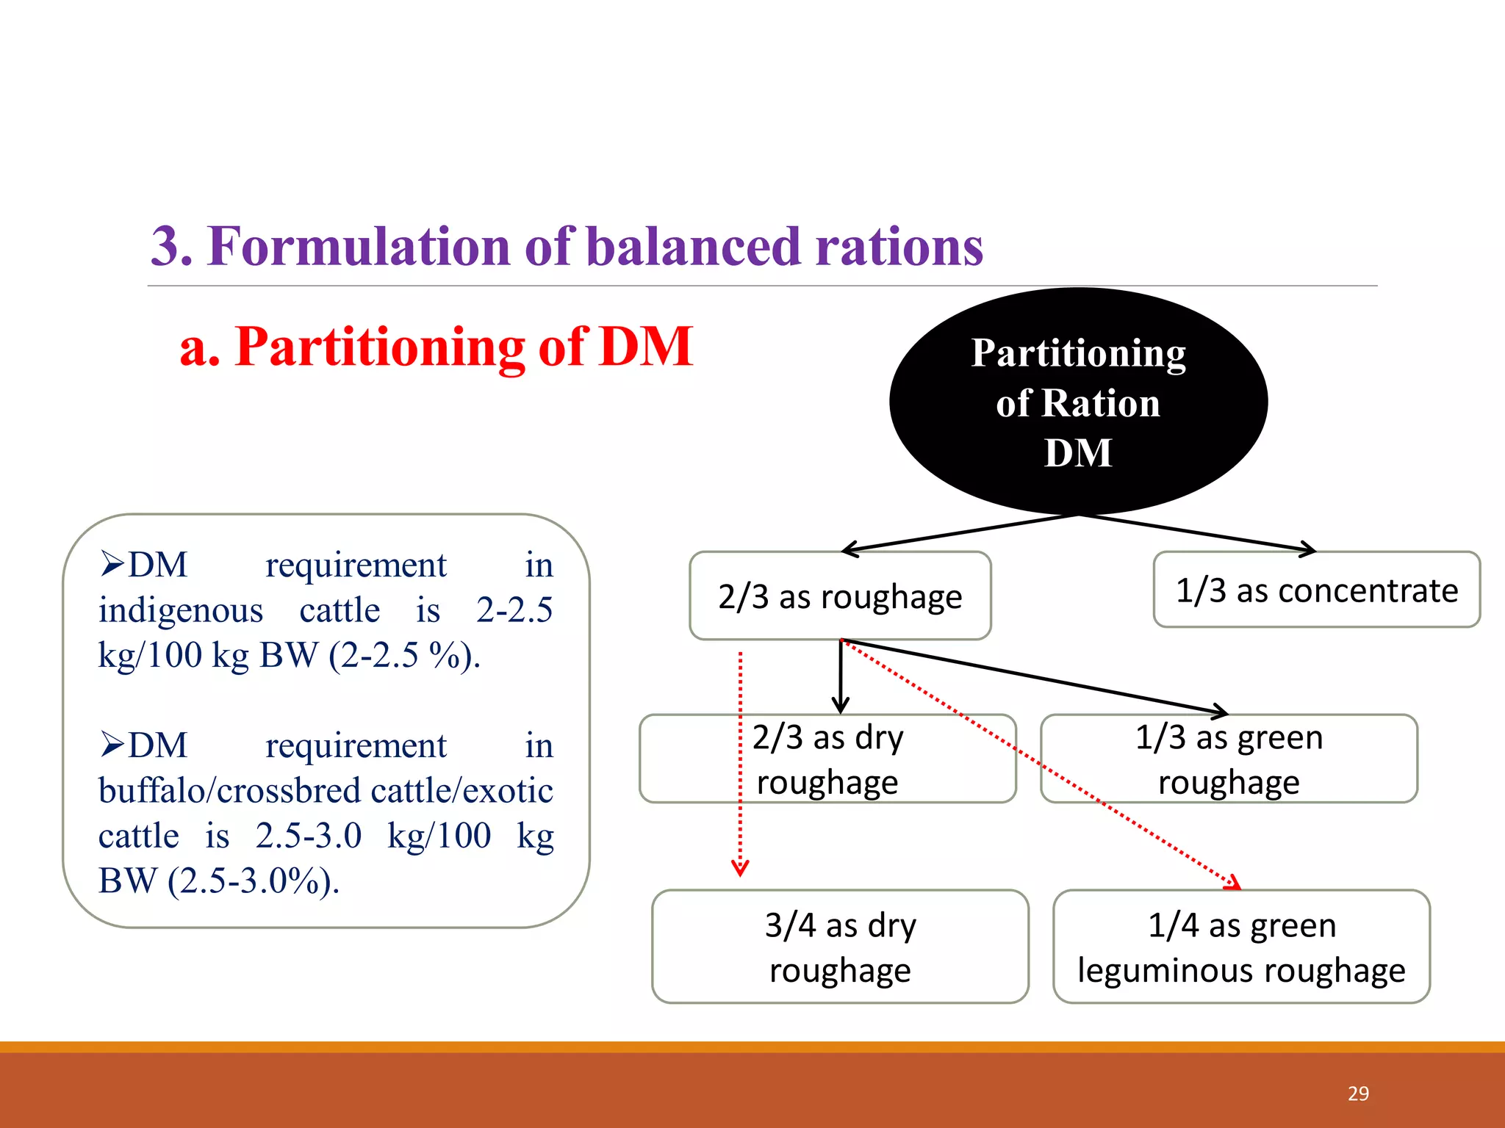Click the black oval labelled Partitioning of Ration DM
[x=1078, y=402]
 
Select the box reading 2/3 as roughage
[x=840, y=596]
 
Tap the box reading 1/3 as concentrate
[x=1316, y=590]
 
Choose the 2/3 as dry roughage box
[x=827, y=759]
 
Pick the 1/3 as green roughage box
[x=1229, y=759]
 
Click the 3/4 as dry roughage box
[x=840, y=947]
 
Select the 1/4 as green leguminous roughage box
[x=1241, y=947]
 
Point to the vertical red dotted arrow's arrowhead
[x=740, y=869]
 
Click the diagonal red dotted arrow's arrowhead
[x=1234, y=883]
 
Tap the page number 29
[x=1358, y=1093]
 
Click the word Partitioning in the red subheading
[x=379, y=347]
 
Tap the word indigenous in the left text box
[x=181, y=610]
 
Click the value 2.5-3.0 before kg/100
[x=309, y=836]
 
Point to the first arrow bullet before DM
[x=112, y=564]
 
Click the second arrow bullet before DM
[x=112, y=745]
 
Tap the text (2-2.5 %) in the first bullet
[x=403, y=655]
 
